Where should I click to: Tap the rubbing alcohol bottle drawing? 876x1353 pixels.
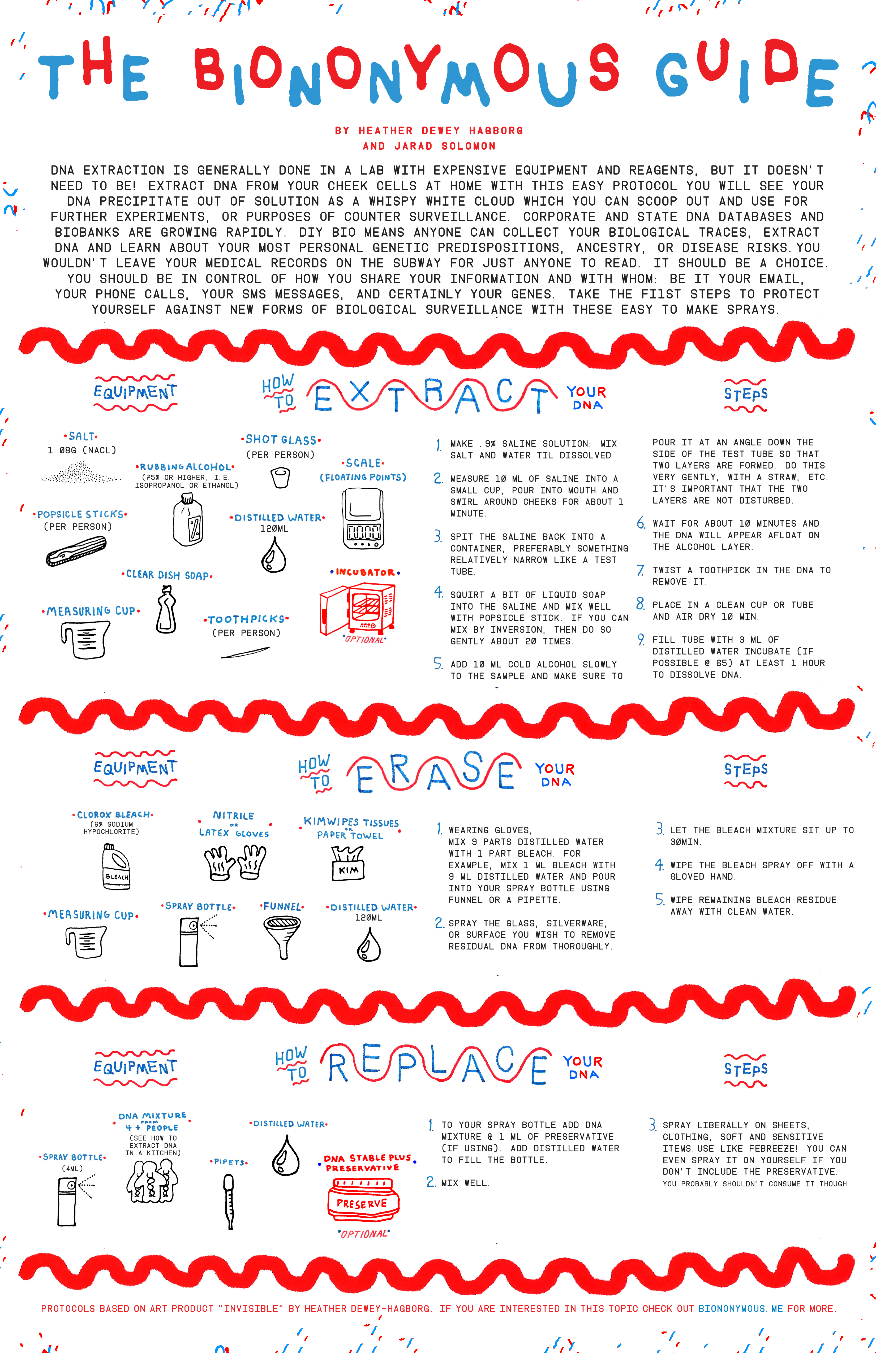(x=188, y=520)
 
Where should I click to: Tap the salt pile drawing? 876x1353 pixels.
(x=80, y=473)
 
